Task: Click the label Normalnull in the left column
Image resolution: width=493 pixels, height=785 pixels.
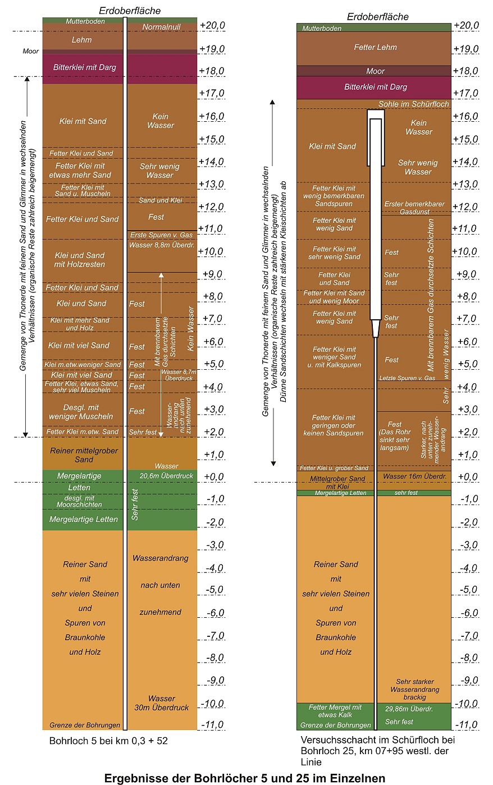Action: coord(162,27)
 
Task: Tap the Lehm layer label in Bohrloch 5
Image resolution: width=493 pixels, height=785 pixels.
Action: coord(81,40)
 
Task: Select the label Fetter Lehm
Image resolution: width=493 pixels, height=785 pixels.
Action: coord(375,47)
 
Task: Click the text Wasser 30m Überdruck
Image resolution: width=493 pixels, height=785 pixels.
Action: coord(162,703)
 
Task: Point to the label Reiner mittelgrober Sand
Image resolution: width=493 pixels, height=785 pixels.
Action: coord(84,455)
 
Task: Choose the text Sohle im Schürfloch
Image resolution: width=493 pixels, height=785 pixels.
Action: coord(413,104)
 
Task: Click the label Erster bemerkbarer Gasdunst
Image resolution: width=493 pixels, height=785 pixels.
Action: coord(414,208)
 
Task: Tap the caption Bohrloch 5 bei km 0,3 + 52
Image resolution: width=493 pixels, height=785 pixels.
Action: coord(108,741)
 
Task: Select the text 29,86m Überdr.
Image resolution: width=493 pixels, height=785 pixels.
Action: coord(409,709)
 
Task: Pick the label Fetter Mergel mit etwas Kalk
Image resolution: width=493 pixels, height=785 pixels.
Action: coord(335,711)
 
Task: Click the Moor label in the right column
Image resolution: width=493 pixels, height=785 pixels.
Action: coord(375,71)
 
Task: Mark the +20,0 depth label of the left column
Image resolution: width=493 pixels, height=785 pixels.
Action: coord(212,25)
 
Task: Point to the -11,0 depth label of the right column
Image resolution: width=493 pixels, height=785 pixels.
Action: coord(465,724)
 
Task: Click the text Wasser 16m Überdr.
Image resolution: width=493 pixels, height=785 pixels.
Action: coord(414,476)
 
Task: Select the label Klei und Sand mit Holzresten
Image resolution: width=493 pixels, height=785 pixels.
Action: coord(80,260)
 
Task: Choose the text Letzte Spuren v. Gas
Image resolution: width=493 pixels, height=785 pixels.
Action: coord(407,378)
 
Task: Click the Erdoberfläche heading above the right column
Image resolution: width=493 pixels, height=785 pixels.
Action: coord(377,16)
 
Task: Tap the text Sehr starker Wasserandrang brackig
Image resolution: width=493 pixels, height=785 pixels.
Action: coord(414,689)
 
